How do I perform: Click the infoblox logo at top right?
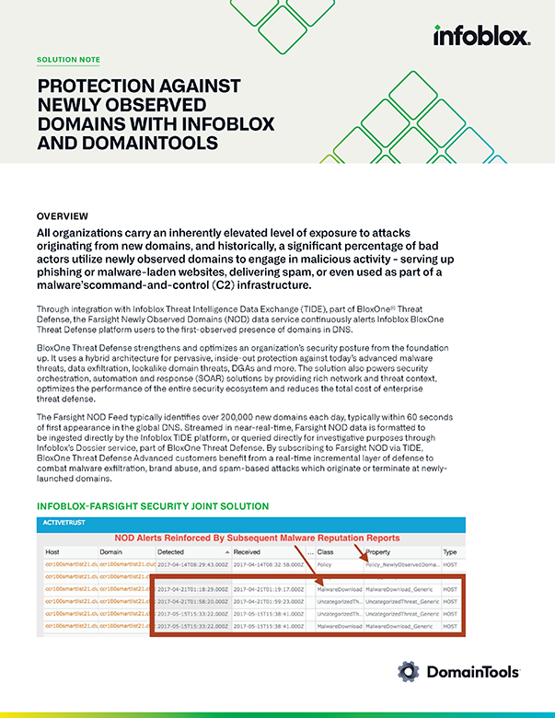480,36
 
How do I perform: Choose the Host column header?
52,551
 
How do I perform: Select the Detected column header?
171,551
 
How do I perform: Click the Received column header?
248,551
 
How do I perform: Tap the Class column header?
325,551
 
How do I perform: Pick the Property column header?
378,551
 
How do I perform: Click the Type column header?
450,551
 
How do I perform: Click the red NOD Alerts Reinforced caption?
257,538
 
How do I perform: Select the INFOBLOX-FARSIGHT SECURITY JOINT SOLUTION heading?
152,506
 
